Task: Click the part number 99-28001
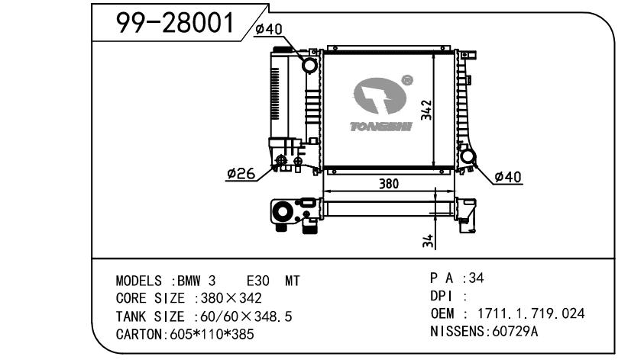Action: [175, 26]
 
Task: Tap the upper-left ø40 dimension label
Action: [268, 29]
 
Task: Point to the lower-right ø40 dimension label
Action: [508, 177]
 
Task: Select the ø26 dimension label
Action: [241, 174]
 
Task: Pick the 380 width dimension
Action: [388, 184]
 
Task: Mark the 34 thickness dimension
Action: [429, 240]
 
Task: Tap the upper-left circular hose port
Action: [311, 65]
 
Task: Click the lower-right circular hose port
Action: [468, 158]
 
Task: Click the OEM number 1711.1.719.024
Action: [532, 313]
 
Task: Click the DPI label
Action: [443, 296]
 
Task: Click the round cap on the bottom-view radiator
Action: [283, 211]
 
